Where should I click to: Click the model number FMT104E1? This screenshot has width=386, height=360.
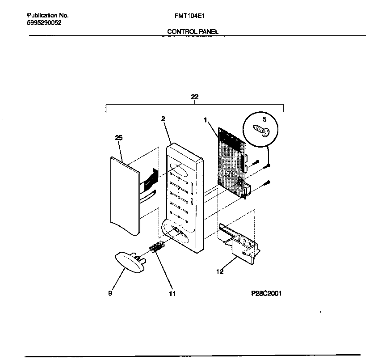190,15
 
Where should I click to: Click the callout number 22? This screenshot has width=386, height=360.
194,97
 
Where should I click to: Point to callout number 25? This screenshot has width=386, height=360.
118,138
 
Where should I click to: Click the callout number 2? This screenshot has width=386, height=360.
163,119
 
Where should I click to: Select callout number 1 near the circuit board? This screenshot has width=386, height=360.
205,120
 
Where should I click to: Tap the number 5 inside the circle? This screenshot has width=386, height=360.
264,119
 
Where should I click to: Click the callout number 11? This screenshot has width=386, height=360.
172,294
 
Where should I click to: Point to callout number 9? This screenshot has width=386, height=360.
110,293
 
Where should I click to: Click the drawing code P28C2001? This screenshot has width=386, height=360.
267,294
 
